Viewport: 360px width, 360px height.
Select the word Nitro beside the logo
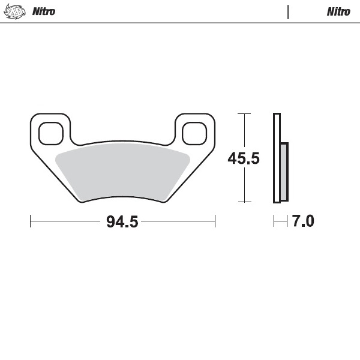tap(43, 11)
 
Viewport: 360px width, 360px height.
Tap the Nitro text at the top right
tap(338, 11)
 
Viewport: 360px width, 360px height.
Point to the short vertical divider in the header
tap(289, 11)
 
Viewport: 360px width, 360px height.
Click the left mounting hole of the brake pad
tap(50, 133)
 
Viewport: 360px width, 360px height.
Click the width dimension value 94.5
tap(122, 221)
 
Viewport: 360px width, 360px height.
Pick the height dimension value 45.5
tap(243, 158)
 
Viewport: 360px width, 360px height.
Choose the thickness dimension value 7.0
tap(303, 221)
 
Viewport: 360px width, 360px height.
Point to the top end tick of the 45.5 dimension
tap(243, 113)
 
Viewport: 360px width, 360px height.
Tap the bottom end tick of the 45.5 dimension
tap(243, 202)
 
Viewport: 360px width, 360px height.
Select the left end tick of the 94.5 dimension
tap(31, 221)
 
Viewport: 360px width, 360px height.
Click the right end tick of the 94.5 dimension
tap(215, 221)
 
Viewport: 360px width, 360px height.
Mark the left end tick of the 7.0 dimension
tap(274, 221)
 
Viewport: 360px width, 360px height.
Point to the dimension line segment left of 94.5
tap(66, 221)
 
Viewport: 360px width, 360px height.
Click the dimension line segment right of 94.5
tap(178, 221)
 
